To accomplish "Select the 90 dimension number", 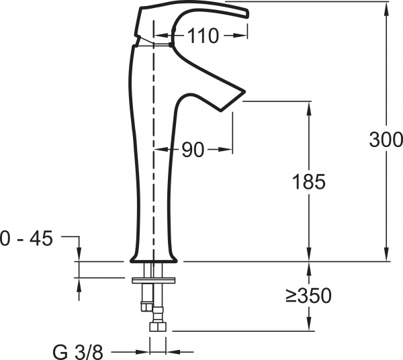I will tap(193, 151).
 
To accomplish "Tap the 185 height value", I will tap(309, 181).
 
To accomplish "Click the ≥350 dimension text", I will tap(309, 295).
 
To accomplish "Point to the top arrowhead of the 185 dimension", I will tap(309, 106).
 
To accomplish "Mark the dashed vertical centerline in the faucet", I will tap(154, 168).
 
